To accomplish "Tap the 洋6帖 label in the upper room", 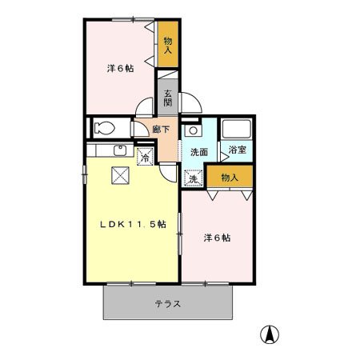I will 120,68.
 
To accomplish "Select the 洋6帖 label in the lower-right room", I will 217,238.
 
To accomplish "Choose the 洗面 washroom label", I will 198,150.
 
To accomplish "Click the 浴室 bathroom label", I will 237,150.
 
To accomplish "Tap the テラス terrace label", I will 167,305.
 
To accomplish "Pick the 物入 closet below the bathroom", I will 230,176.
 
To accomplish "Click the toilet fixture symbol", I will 104,127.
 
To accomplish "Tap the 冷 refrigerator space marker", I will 146,156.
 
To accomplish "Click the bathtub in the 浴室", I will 237,129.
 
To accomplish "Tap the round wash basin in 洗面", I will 193,130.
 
